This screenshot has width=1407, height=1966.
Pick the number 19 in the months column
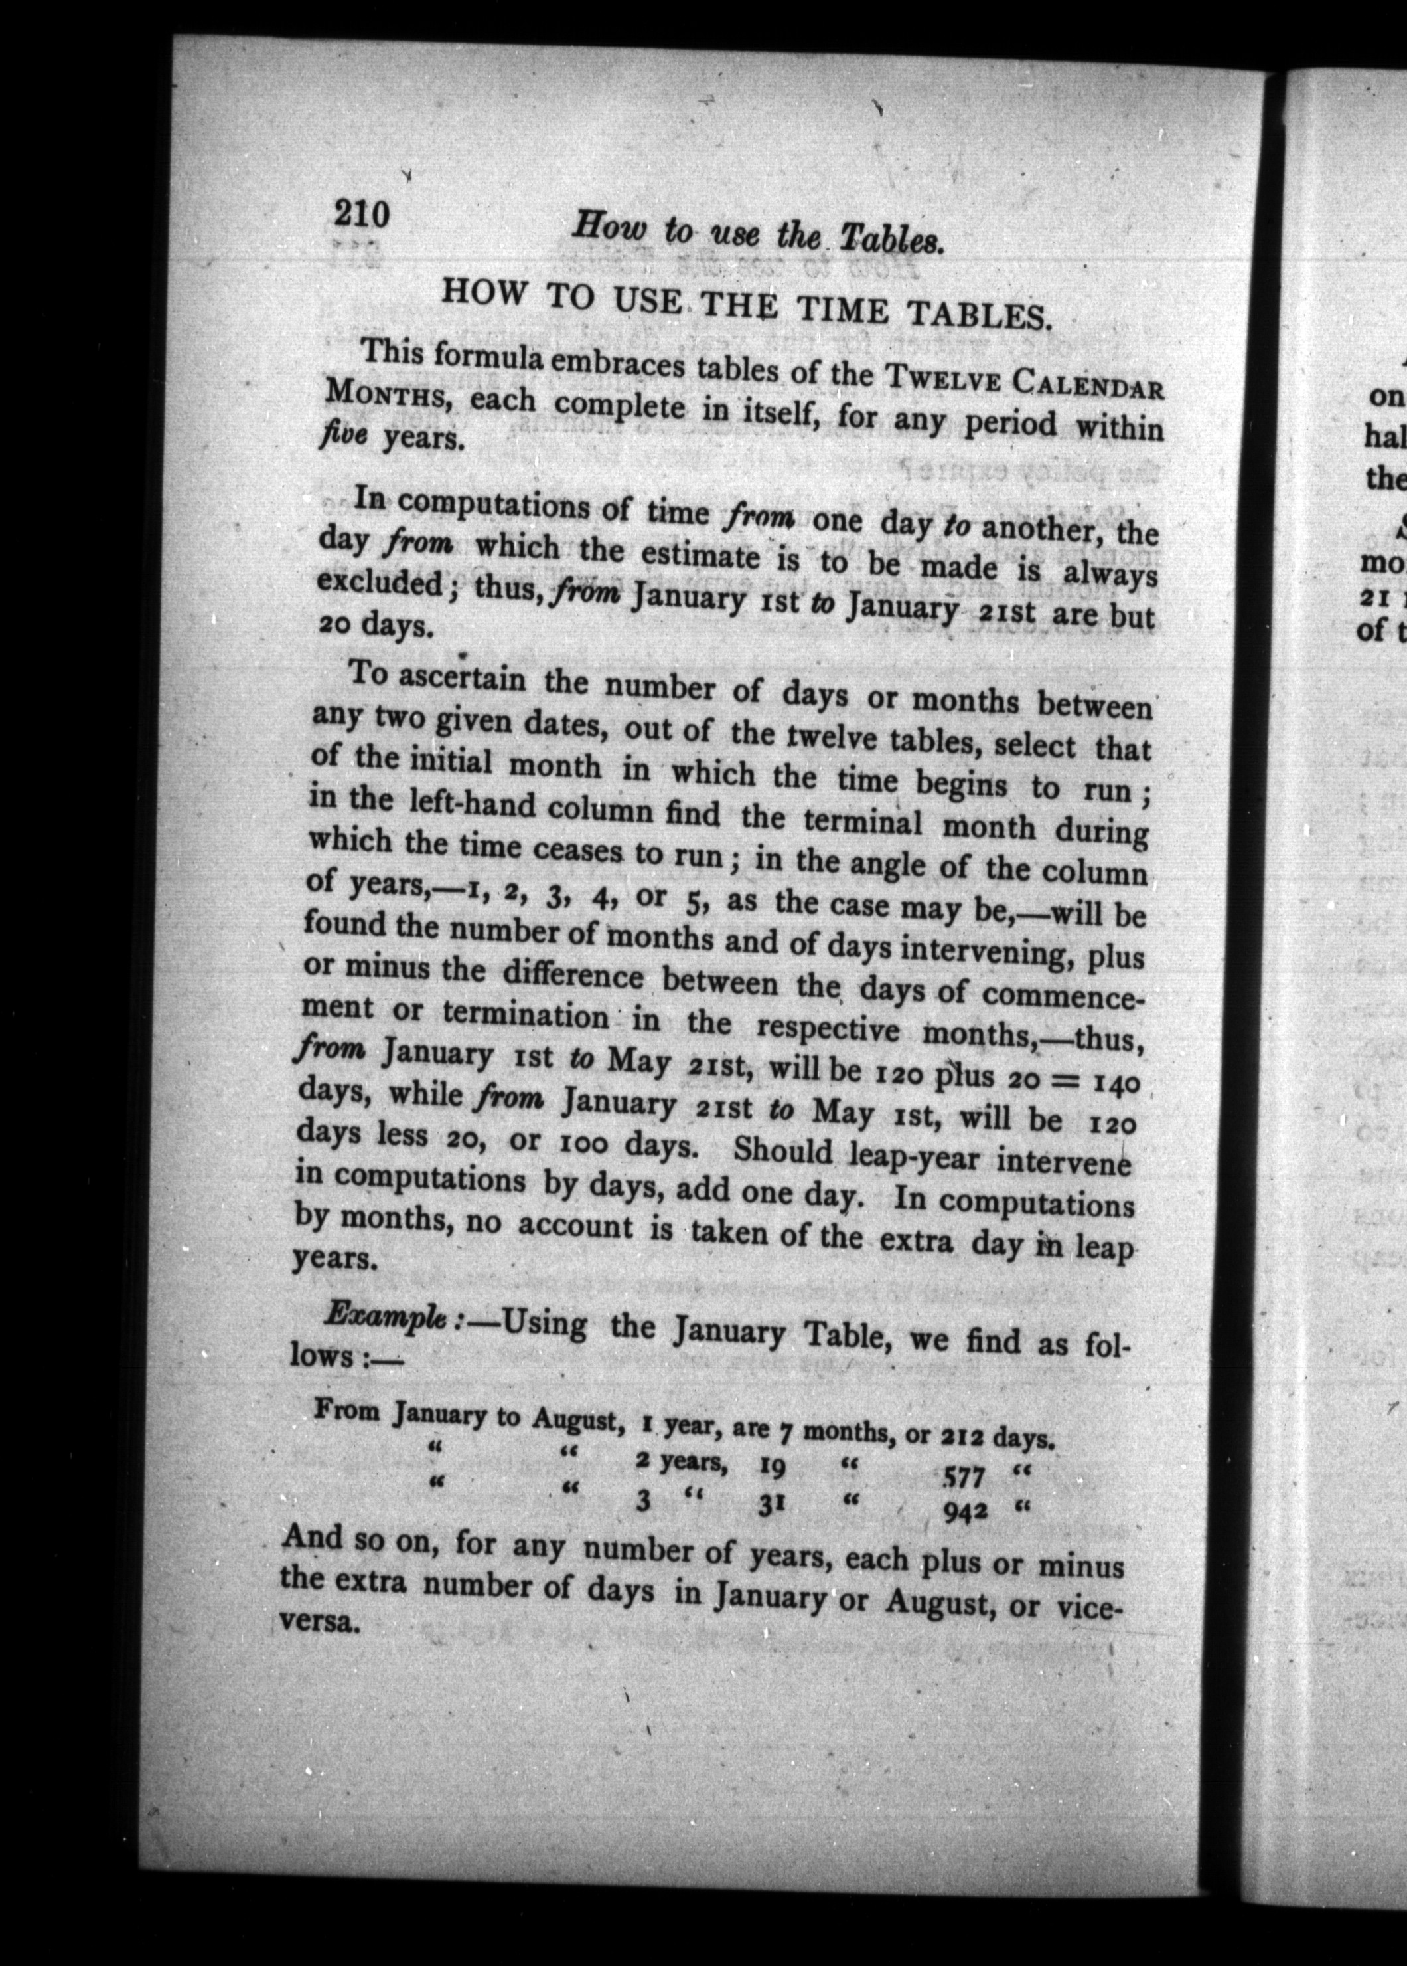[772, 1466]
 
